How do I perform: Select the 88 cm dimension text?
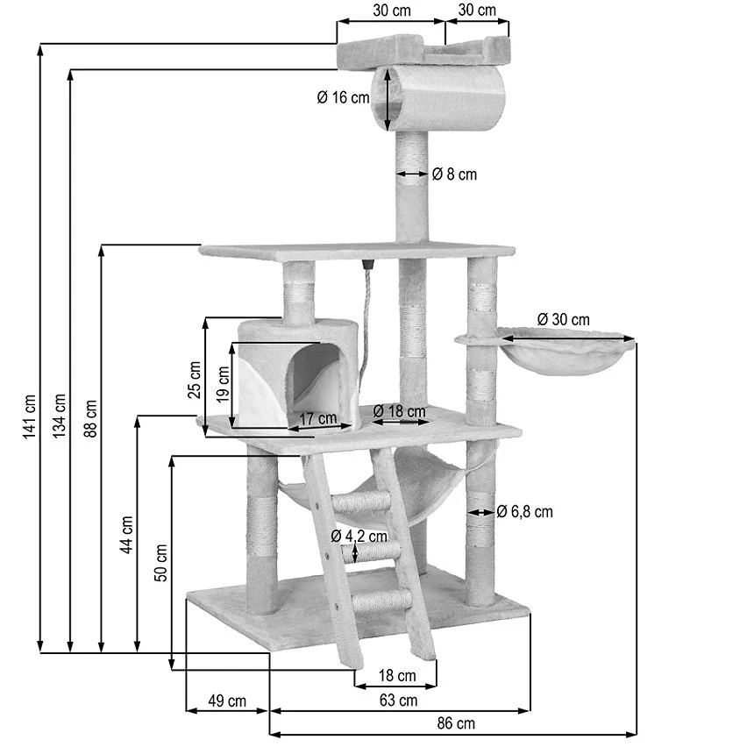(x=91, y=416)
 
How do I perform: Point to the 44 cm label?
(x=127, y=533)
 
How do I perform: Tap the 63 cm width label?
(x=398, y=700)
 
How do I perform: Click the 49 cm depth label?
(x=226, y=700)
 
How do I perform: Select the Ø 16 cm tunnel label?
(x=343, y=98)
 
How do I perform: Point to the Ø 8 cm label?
(x=454, y=174)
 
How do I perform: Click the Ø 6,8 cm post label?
(x=524, y=511)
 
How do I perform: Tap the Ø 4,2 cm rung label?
(x=359, y=536)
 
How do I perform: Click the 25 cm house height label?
(x=195, y=378)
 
